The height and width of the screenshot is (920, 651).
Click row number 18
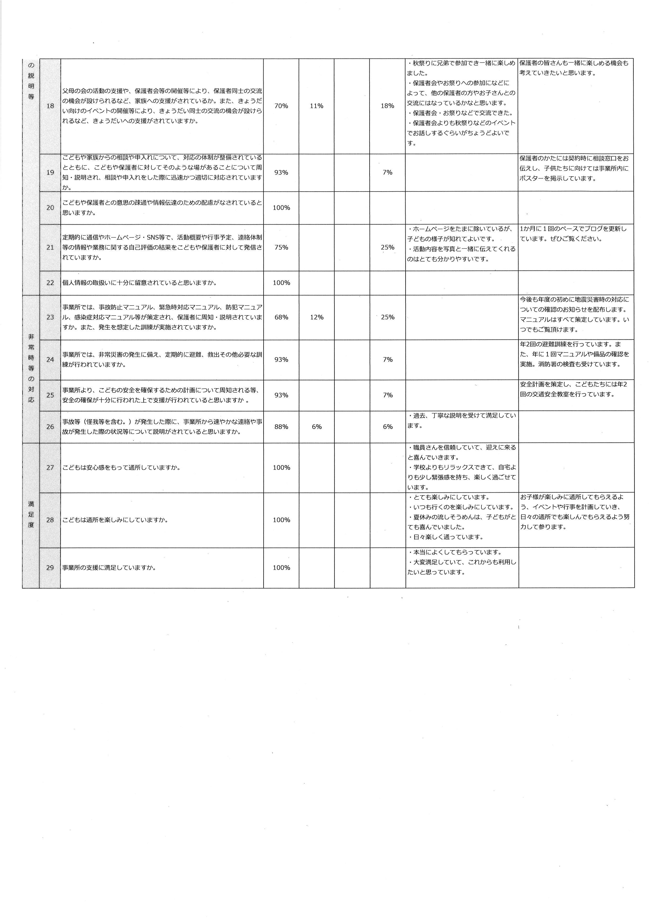50,106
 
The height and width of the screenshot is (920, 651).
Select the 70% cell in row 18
281,106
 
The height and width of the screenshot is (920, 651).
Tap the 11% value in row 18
316,106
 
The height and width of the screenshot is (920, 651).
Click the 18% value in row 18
387,106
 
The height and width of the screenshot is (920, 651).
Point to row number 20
50,208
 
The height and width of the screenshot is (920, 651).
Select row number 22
50,283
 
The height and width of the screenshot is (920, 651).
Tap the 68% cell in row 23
281,317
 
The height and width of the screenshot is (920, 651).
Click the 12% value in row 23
316,317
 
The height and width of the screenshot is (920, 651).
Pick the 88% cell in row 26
281,427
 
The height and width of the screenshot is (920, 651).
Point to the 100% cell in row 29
281,568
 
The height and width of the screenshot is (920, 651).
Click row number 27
50,468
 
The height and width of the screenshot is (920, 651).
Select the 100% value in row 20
281,208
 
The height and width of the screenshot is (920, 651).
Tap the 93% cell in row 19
281,173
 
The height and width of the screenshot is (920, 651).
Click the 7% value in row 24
387,360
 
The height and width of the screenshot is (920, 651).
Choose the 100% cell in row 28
281,520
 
